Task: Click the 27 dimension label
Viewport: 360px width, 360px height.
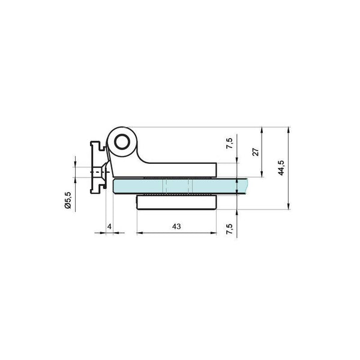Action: coord(256,152)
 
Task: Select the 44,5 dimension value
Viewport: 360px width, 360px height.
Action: coord(281,167)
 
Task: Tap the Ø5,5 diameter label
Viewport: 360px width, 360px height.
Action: coord(68,200)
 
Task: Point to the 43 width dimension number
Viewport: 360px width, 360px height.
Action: coord(176,226)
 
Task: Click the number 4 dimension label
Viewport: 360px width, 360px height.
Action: coord(109,226)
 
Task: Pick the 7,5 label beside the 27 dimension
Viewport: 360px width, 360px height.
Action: coord(230,143)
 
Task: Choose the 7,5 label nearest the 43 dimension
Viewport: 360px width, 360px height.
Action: coord(230,229)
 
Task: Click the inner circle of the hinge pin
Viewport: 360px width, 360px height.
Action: coord(122,142)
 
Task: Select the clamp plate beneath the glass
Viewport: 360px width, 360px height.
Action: coord(176,202)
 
